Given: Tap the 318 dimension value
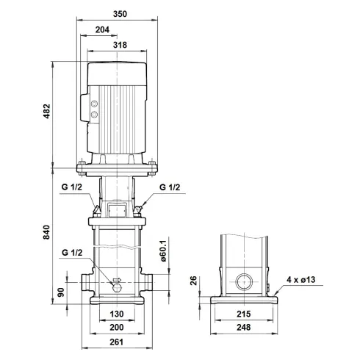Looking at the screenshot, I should click(x=120, y=45).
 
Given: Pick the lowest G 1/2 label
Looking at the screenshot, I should click(x=73, y=253).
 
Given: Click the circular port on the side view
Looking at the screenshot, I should click(x=243, y=281).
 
